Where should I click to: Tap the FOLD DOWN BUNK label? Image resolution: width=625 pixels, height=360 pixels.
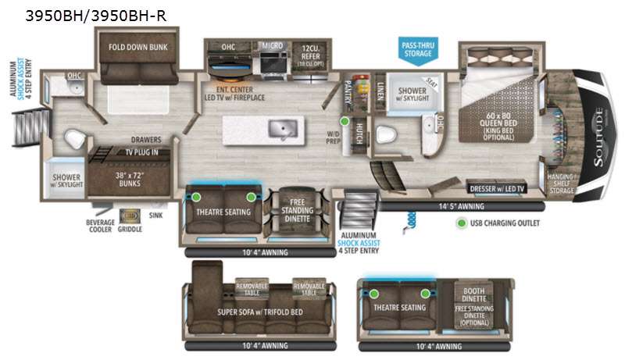132,46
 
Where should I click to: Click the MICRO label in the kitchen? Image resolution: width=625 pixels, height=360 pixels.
273,46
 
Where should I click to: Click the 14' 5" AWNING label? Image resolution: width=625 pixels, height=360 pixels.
462,207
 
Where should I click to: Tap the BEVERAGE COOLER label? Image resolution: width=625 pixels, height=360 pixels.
100,227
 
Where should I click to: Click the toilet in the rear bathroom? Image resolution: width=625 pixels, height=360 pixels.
74,139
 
